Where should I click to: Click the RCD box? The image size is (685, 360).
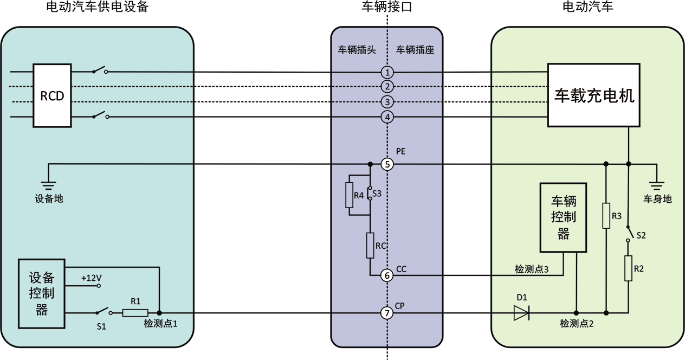click(x=52, y=95)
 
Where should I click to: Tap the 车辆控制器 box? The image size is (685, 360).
click(x=563, y=217)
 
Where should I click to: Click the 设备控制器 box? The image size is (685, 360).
click(x=42, y=294)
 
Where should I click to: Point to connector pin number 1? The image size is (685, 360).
click(x=386, y=73)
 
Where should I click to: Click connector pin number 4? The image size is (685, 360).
click(x=386, y=117)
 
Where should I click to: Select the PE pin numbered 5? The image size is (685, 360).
click(x=386, y=164)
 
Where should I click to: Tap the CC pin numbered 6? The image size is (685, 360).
click(x=386, y=275)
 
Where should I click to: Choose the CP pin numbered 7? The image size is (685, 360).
click(x=386, y=313)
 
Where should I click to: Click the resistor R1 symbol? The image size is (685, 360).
click(x=135, y=313)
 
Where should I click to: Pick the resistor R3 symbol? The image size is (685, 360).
click(x=606, y=216)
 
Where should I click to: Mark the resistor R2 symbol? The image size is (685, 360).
click(x=628, y=268)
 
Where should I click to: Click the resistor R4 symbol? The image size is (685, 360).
click(x=350, y=195)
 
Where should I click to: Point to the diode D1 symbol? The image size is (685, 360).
click(x=521, y=313)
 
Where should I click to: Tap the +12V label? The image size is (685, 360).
click(x=91, y=278)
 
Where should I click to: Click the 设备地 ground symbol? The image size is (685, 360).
click(x=49, y=184)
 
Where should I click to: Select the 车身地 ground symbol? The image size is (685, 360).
click(x=657, y=184)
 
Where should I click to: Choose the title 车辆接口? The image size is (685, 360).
click(x=386, y=7)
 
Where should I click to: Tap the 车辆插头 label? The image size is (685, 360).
click(x=357, y=50)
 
